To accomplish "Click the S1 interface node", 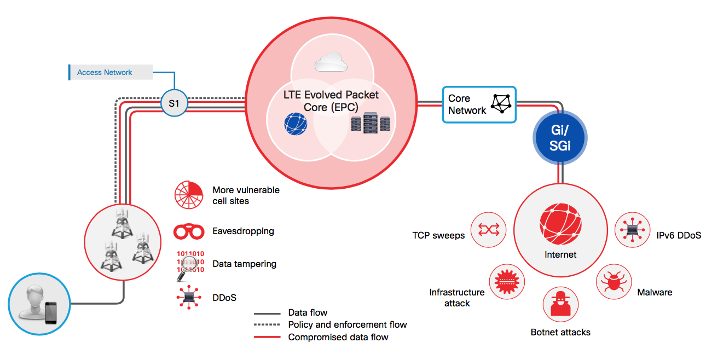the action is click(174, 103).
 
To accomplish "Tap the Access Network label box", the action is click(111, 72).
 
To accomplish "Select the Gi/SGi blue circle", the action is click(560, 137).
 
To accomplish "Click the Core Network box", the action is click(479, 104).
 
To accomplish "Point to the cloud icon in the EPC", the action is click(331, 62).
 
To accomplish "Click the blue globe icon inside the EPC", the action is click(296, 124).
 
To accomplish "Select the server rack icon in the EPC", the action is click(371, 123).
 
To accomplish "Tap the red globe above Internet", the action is click(560, 224).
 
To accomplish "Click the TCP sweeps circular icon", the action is click(488, 230).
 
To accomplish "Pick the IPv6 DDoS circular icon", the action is click(632, 230).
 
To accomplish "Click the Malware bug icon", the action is click(614, 282).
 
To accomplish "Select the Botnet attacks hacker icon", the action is click(560, 304).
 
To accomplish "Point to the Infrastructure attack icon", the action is click(507, 282).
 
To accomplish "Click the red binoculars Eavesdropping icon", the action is click(189, 231).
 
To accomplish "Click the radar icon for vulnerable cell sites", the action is click(188, 195).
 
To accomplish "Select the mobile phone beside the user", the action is click(51, 313).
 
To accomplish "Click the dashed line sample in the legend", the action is click(267, 324).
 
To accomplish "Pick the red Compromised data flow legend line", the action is click(267, 337).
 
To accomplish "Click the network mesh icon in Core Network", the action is click(501, 103).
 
